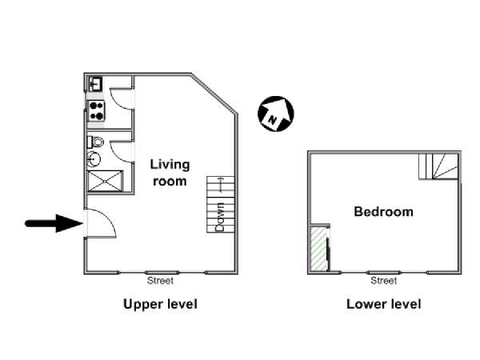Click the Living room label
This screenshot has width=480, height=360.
point(170,173)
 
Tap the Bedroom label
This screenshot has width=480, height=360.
point(383,212)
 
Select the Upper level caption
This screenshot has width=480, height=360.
point(160,304)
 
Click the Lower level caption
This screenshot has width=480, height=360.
point(383,304)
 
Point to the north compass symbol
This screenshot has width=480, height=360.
point(275,114)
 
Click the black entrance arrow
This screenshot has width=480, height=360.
point(54,223)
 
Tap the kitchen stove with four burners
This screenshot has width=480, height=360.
point(97,111)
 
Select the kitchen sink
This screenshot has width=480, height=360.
point(95,84)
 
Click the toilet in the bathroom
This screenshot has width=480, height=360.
point(95,142)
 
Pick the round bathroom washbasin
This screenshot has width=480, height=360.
point(94,159)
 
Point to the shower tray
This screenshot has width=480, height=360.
point(105,182)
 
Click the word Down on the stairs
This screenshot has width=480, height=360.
point(220,217)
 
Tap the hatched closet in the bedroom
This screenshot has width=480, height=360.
point(320,248)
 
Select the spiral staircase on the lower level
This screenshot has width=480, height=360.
point(438,166)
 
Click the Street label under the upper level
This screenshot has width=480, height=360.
point(160,281)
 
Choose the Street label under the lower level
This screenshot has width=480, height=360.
point(383,281)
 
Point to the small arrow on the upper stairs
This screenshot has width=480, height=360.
point(221,185)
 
